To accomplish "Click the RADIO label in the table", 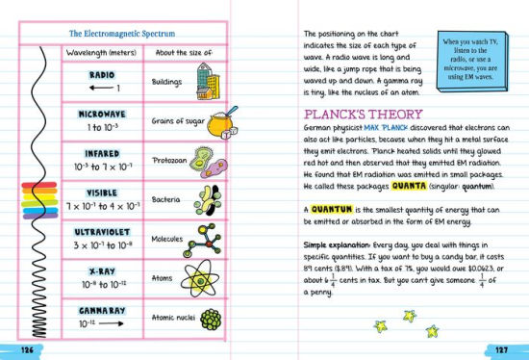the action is click(x=101, y=74).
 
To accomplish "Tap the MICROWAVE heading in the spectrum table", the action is click(x=101, y=114).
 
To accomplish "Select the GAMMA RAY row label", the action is click(x=100, y=310).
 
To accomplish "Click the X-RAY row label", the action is click(x=101, y=271).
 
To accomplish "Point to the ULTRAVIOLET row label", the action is click(x=101, y=232).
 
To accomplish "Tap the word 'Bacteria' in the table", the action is click(x=167, y=199).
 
